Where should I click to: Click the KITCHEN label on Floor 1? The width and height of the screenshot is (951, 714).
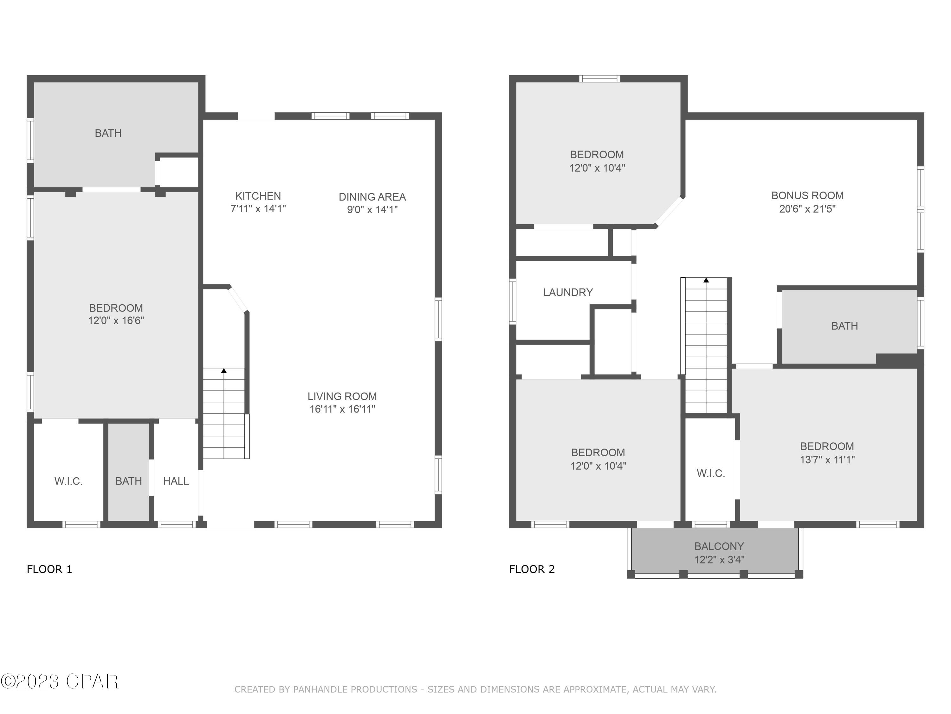point(258,196)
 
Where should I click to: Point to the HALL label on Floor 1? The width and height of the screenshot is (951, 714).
point(176,481)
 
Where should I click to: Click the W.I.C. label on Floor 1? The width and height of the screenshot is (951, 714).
point(68,481)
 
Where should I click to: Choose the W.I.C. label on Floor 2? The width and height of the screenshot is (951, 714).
point(711,473)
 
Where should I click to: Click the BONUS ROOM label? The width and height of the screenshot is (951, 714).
point(807,195)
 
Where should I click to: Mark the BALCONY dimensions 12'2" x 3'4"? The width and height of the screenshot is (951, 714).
point(719,559)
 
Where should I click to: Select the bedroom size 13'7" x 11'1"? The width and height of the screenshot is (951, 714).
point(827,459)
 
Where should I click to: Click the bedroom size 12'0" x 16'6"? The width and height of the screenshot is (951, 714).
point(116,321)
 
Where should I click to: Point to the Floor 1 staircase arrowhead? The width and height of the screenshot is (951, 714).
point(223,371)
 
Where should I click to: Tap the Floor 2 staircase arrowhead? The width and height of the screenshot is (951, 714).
point(706,280)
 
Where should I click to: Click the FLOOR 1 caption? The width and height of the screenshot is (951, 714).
point(49,569)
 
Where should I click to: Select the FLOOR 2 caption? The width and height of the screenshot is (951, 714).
point(532,569)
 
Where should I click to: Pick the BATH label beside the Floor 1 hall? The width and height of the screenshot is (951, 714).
point(128,481)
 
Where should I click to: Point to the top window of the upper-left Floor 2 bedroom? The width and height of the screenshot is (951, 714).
point(599,78)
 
